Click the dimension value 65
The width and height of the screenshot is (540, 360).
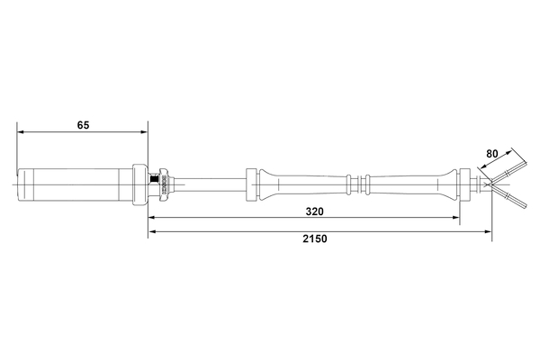(x=83, y=125)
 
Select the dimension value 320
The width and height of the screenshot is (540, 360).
(x=314, y=211)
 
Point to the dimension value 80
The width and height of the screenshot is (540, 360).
(x=491, y=154)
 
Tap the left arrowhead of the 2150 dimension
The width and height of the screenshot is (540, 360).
(x=152, y=232)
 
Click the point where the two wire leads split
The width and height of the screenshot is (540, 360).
(x=492, y=185)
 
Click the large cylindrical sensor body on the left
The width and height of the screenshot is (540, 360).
(x=76, y=185)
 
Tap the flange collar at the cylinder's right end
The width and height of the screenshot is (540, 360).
(x=140, y=185)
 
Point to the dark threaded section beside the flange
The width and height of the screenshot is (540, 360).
(x=163, y=185)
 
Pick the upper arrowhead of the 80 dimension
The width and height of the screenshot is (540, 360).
(x=513, y=148)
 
